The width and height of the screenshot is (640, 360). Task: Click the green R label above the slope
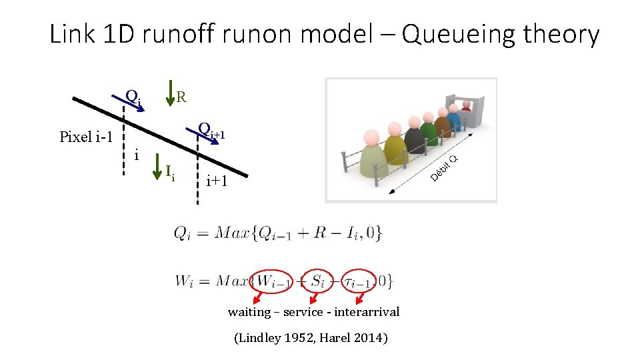pyautogui.click(x=181, y=97)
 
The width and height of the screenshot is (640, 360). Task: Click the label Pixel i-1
pyautogui.click(x=86, y=137)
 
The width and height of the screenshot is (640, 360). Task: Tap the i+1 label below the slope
pyautogui.click(x=217, y=180)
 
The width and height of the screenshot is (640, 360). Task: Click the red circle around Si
pyautogui.click(x=311, y=281)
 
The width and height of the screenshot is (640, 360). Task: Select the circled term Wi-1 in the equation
pyautogui.click(x=272, y=281)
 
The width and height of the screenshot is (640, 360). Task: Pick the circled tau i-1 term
pyautogui.click(x=357, y=281)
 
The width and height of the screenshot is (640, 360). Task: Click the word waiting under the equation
pyautogui.click(x=249, y=311)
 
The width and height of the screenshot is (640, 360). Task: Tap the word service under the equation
pyautogui.click(x=305, y=311)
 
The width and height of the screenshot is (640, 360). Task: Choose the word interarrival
pyautogui.click(x=367, y=311)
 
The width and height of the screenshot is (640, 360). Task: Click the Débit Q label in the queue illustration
pyautogui.click(x=444, y=168)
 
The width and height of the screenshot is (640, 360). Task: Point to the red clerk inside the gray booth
pyautogui.click(x=466, y=107)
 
